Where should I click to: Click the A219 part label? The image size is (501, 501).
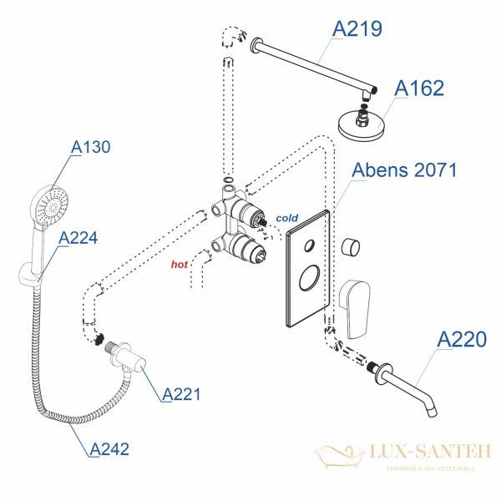[x=357, y=29]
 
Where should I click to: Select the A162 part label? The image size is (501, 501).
[x=420, y=89]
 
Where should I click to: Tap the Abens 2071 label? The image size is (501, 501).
[x=405, y=171]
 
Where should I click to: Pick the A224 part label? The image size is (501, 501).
[x=78, y=238]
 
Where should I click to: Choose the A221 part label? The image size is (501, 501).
[x=182, y=394]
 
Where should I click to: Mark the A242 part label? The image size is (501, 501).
[x=109, y=449]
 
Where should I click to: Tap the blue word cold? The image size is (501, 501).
[x=288, y=219]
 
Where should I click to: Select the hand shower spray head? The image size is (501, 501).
[x=47, y=201]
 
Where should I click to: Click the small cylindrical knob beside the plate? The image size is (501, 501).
[x=352, y=248]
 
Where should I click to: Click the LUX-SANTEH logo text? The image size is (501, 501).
[x=413, y=453]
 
